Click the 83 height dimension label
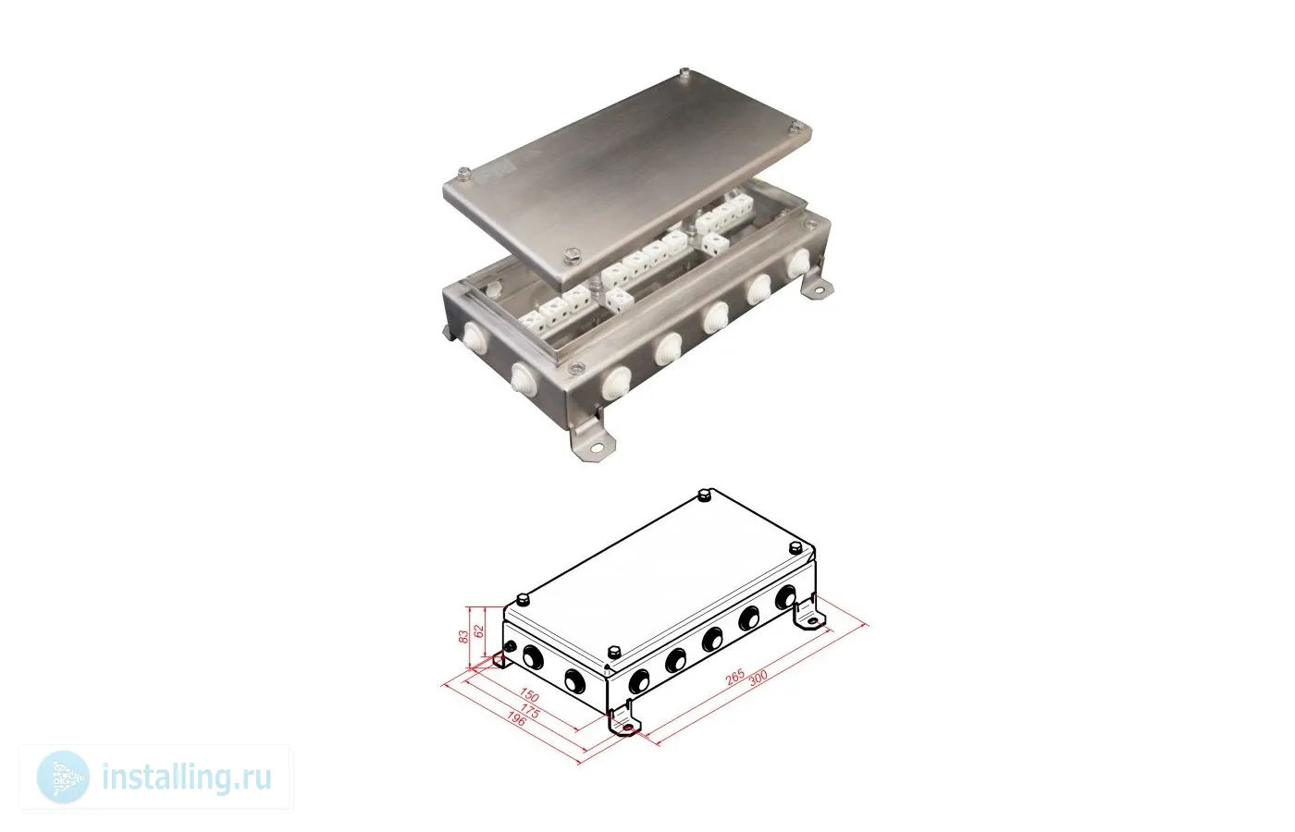coord(463,637)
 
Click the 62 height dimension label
coord(479,630)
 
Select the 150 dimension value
coord(529,694)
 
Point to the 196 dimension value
coord(516,719)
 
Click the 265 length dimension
coord(734,677)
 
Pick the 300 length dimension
coord(758,677)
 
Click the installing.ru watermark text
coord(187,777)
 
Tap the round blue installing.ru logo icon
coord(63,777)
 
